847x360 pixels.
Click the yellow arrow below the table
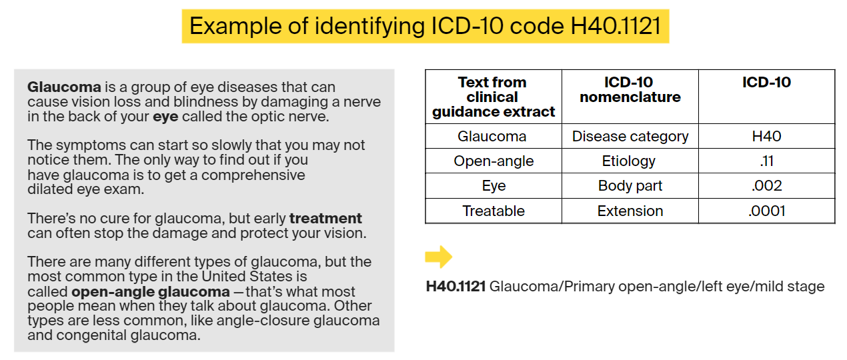click(438, 257)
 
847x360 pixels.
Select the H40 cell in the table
click(766, 136)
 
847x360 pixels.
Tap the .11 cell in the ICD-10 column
click(766, 161)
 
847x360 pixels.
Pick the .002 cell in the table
click(766, 186)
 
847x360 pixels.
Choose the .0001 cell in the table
click(766, 211)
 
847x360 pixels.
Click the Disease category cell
click(630, 136)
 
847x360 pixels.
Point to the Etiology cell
click(630, 161)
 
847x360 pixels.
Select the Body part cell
click(630, 186)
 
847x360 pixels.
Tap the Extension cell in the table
click(630, 211)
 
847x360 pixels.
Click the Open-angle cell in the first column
click(494, 161)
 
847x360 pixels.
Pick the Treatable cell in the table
click(494, 211)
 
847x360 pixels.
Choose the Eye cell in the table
click(494, 186)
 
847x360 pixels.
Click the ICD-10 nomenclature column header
click(630, 90)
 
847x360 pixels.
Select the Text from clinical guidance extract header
click(494, 97)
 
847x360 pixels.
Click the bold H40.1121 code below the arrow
click(456, 287)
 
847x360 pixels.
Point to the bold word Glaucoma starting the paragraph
click(64, 87)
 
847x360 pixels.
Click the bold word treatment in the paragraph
click(325, 218)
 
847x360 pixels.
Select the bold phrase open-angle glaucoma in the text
click(150, 291)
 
